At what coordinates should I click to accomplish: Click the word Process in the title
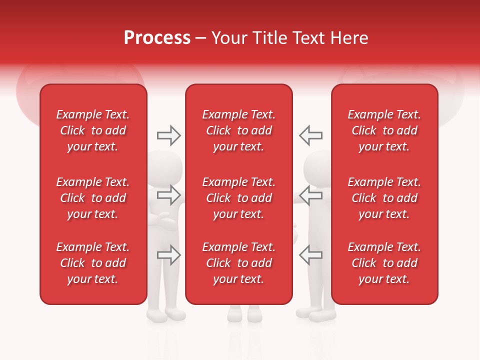click(157, 38)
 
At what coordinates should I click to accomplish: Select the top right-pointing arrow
click(168, 135)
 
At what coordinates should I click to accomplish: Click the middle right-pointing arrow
click(168, 194)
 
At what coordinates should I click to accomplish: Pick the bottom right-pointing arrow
click(168, 255)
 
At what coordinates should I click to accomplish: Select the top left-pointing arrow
click(311, 135)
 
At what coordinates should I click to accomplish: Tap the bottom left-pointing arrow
click(311, 255)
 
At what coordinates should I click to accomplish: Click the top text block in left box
click(93, 130)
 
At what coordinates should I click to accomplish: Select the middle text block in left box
click(93, 198)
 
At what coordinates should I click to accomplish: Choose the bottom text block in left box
click(93, 263)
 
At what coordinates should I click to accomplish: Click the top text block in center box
click(238, 130)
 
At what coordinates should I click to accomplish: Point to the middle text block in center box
click(238, 198)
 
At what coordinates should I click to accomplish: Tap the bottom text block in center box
click(238, 263)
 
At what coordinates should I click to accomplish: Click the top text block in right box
click(384, 130)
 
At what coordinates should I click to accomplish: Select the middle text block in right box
click(384, 198)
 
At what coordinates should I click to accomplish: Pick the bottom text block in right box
click(384, 263)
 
